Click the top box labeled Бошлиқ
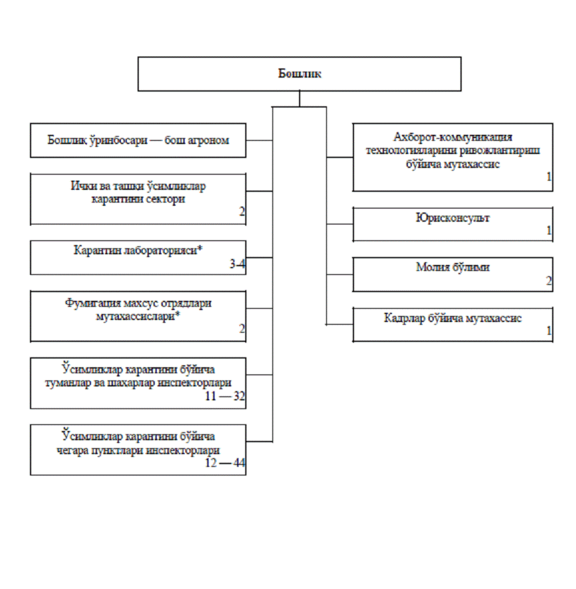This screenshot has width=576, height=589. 300,74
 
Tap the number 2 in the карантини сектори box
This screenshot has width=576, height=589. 242,211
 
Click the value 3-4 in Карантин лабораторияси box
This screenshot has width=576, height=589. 237,264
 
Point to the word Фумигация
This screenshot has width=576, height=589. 93,303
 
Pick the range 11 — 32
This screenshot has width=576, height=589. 225,396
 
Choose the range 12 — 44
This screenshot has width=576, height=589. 225,462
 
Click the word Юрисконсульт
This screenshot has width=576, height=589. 452,218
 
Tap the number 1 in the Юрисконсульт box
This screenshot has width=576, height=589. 549,230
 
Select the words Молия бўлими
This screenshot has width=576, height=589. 452,267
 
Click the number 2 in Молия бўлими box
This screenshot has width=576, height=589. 549,281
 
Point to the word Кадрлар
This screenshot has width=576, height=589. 405,318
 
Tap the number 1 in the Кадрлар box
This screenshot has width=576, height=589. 549,331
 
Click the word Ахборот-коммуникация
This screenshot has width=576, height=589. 452,137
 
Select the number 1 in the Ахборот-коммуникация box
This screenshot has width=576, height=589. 549,176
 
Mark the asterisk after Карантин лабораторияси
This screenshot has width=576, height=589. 200,248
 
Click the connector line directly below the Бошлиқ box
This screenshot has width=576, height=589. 300,99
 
